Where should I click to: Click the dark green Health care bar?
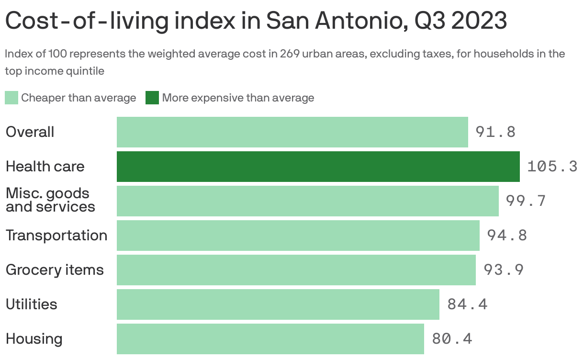[x=318, y=167]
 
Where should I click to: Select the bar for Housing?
[x=270, y=339]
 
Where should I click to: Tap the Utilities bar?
[x=278, y=304]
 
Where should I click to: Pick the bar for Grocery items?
[x=296, y=270]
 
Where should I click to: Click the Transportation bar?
[x=298, y=236]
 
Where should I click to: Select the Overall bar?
[x=292, y=132]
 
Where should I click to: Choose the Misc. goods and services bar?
[x=307, y=201]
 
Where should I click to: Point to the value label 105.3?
[x=552, y=167]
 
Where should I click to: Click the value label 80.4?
[x=452, y=339]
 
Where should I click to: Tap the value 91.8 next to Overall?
[x=495, y=132]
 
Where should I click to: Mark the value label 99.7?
[x=526, y=201]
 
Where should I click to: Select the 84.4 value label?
[x=467, y=304]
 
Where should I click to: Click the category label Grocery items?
[x=55, y=270]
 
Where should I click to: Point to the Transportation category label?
[x=56, y=236]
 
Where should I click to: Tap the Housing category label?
[x=34, y=339]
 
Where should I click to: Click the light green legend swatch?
[x=11, y=98]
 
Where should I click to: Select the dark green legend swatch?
[x=152, y=98]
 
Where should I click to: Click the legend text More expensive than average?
[x=238, y=98]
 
